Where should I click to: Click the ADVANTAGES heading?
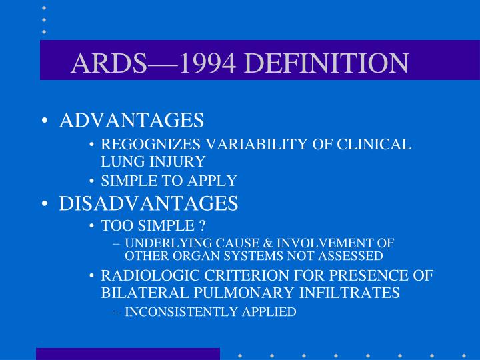[131, 121]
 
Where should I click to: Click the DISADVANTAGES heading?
[149, 204]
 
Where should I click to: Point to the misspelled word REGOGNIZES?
[151, 145]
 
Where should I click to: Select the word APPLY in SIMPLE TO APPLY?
[215, 181]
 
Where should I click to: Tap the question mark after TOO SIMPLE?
[201, 226]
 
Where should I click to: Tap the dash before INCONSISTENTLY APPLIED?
[117, 312]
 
